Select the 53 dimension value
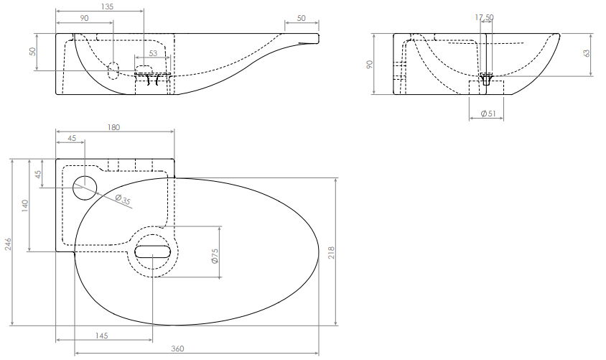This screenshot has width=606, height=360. click(153, 52)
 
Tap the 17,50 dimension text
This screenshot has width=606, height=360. click(484, 17)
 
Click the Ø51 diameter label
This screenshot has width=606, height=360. click(488, 114)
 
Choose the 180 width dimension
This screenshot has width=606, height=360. click(113, 127)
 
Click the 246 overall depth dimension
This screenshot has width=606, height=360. click(8, 244)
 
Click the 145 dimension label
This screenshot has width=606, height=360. click(101, 336)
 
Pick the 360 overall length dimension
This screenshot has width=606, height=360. click(177, 349)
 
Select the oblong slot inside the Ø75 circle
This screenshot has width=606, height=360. click(152, 251)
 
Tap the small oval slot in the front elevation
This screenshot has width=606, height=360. click(113, 70)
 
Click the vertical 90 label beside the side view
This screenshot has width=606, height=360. click(369, 64)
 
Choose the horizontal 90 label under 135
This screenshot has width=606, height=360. click(84, 18)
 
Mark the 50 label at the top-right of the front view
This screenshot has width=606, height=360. click(301, 18)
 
